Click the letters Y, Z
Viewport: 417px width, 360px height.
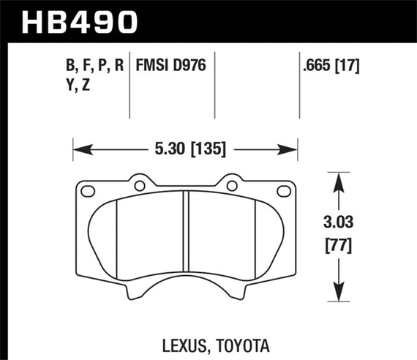coord(79,86)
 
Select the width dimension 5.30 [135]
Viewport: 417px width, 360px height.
coord(185,150)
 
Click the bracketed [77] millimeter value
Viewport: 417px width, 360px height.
coord(337,246)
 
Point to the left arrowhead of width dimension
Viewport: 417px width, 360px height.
coord(79,151)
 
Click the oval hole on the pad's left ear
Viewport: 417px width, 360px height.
coord(89,192)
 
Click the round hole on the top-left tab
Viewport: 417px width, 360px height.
coord(138,185)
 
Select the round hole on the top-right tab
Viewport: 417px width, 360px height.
coord(233,185)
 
